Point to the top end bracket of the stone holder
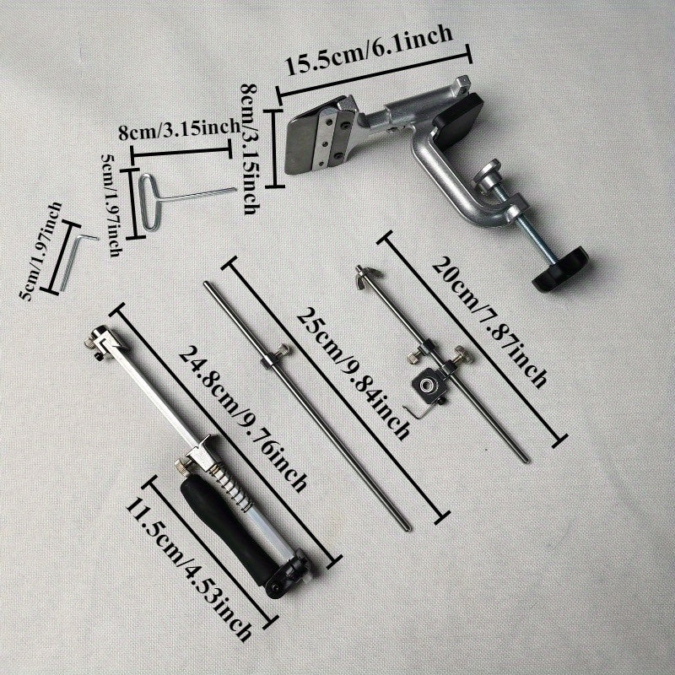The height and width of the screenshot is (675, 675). click(99, 341)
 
